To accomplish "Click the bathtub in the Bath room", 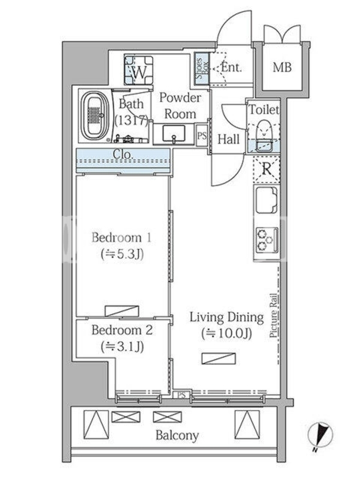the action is (x=95, y=116).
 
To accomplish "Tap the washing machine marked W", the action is (x=139, y=70).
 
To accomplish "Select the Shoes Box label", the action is (x=202, y=68).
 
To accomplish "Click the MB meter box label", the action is (x=282, y=67).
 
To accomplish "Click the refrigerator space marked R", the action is (x=266, y=169).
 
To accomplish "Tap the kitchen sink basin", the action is (x=266, y=200).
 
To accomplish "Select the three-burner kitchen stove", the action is (x=267, y=240).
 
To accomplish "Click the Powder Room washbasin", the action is (x=173, y=134).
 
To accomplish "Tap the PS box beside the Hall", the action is (x=202, y=136).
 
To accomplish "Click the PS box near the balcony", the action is (x=182, y=395).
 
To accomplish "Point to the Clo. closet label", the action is (x=123, y=154).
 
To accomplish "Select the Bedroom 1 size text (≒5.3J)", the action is (x=122, y=254).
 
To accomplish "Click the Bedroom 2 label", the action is (x=122, y=330).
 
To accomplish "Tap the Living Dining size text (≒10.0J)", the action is (x=227, y=334).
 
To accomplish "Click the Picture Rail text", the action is (x=274, y=316).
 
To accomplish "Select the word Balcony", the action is (x=177, y=436).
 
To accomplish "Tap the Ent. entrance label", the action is (x=232, y=67).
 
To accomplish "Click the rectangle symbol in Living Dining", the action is (x=218, y=359).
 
